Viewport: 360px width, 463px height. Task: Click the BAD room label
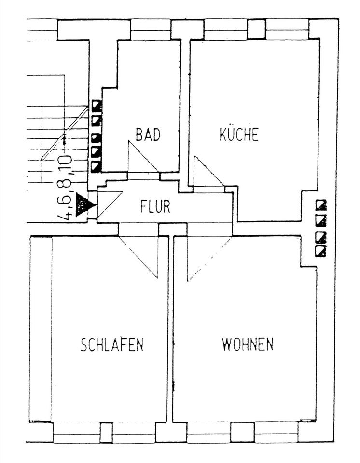[148, 135]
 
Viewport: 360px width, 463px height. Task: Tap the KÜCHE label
[239, 134]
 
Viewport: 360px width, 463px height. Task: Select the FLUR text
[155, 206]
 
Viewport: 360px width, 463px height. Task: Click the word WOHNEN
[248, 344]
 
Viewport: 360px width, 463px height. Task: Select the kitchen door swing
[205, 173]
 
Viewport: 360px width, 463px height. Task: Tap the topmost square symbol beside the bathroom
[97, 106]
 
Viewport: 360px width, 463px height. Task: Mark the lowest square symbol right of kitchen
[320, 251]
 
